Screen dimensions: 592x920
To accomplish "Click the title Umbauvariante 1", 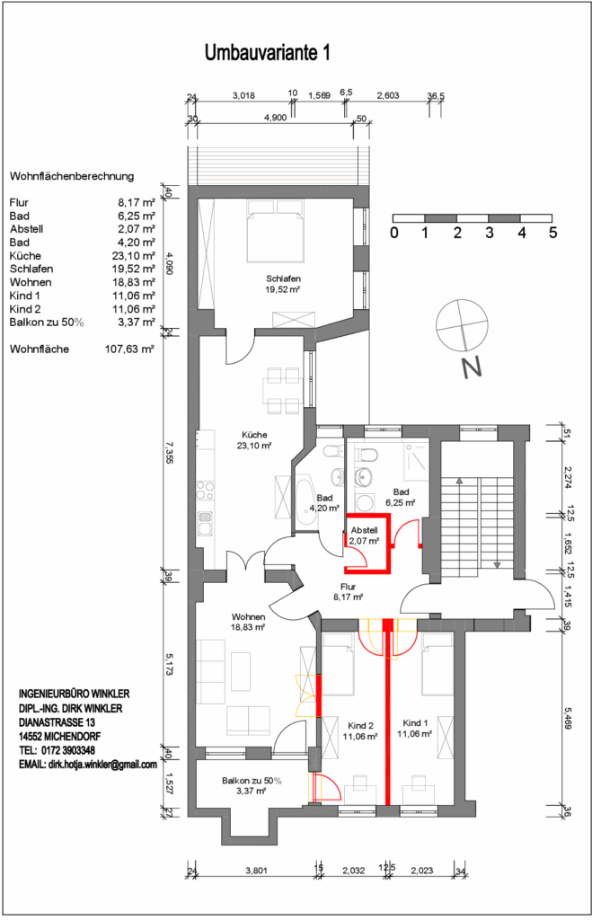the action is [267, 53].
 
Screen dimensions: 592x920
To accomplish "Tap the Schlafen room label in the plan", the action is [283, 279].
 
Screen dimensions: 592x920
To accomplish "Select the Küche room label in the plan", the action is [254, 435].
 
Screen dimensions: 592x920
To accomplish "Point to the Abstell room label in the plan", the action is [365, 530].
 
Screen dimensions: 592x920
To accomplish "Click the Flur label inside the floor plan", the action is [348, 587].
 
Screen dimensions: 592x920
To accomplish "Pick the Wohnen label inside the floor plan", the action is [248, 616].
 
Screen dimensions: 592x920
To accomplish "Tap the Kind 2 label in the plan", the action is [360, 726].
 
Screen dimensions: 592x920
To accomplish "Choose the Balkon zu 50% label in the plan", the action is [252, 781].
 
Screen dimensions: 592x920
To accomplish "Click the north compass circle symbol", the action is [462, 324].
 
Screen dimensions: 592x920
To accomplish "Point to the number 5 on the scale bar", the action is [552, 233].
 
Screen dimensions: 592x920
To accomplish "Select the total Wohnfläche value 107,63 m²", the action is [129, 349].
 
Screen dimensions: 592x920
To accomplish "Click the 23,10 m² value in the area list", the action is [133, 256].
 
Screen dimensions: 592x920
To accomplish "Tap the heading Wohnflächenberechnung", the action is [72, 176].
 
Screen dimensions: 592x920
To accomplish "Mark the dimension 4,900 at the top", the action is [275, 118].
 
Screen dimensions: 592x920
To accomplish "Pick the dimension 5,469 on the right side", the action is [568, 718].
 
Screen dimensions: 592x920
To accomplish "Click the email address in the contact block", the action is [88, 765].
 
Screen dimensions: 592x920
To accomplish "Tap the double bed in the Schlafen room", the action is [276, 231].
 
